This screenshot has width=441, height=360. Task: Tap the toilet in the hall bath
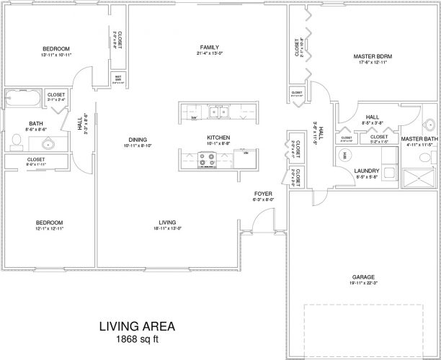(x=16, y=139)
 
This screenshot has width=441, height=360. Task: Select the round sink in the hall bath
(x=48, y=143)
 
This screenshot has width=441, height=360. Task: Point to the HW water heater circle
(x=344, y=155)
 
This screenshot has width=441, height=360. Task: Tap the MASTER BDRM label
(x=370, y=55)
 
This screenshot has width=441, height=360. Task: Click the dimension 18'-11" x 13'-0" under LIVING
(x=167, y=228)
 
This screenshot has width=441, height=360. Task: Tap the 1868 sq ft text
(x=136, y=338)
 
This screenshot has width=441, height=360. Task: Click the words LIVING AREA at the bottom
(x=136, y=326)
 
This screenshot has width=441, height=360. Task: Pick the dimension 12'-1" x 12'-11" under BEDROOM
(x=50, y=228)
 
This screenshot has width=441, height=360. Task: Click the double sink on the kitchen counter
(x=218, y=111)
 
